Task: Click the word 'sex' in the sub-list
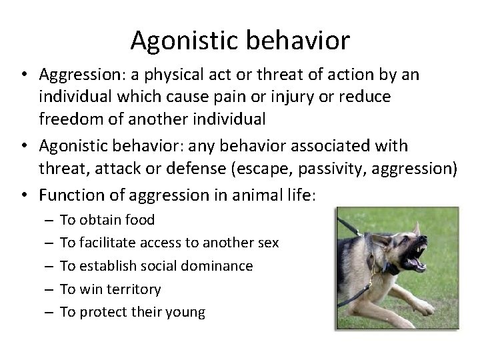(x=267, y=243)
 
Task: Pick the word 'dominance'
(x=219, y=266)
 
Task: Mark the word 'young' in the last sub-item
(x=187, y=312)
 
